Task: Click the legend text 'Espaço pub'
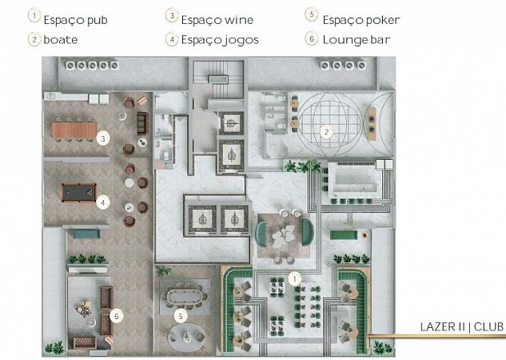(x=75, y=20)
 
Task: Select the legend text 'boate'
(x=60, y=40)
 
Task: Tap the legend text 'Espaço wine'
(x=217, y=20)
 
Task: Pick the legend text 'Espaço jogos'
(x=220, y=40)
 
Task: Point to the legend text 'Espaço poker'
(x=361, y=20)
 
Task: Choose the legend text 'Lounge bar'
(x=357, y=40)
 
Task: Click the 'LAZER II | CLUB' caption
(x=461, y=326)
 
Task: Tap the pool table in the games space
(x=79, y=193)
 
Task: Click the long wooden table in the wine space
(x=74, y=130)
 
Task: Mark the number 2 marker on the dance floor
(x=327, y=132)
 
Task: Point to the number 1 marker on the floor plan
(x=295, y=278)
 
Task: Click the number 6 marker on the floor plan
(x=117, y=316)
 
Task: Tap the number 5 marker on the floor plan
(x=181, y=316)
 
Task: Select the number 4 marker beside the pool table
(x=103, y=202)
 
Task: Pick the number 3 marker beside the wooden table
(x=103, y=139)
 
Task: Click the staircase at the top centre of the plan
(x=218, y=79)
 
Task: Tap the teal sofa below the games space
(x=86, y=234)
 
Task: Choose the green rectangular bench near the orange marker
(x=344, y=234)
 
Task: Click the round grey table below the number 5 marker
(x=187, y=337)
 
